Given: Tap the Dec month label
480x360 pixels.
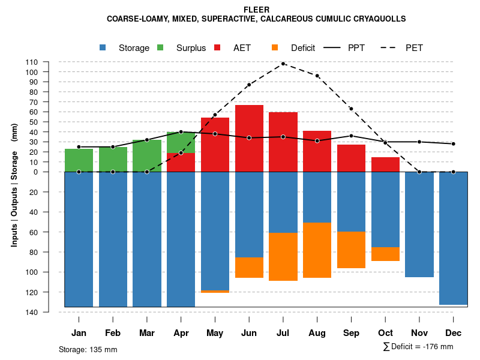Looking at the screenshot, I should click(454, 333).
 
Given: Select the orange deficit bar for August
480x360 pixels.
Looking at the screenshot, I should click(317, 250).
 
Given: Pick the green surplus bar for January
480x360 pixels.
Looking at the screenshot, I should click(79, 160).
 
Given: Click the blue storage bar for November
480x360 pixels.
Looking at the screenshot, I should click(419, 224).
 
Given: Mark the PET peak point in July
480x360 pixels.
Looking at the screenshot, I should click(283, 64).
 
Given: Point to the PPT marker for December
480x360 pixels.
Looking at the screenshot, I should click(454, 144).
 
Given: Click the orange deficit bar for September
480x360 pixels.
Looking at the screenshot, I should click(352, 250).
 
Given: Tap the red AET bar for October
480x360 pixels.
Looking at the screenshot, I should click(385, 164).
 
